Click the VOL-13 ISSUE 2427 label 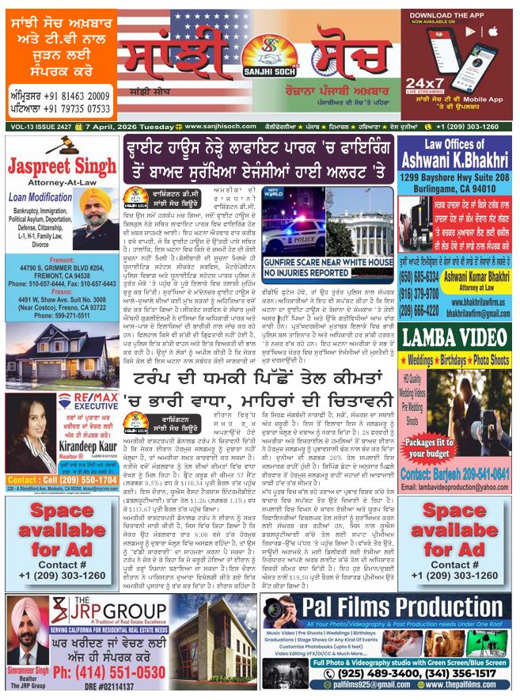(32, 127)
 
